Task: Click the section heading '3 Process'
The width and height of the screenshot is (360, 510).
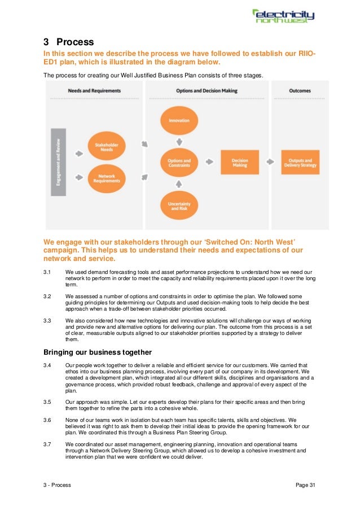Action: pyautogui.click(x=68, y=42)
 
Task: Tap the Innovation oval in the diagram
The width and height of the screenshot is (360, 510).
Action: pyautogui.click(x=179, y=120)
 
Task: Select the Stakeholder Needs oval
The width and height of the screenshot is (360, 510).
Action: pyautogui.click(x=102, y=147)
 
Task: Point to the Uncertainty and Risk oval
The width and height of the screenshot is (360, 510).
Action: pyautogui.click(x=179, y=205)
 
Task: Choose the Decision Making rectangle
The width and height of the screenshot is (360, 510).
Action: pyautogui.click(x=239, y=162)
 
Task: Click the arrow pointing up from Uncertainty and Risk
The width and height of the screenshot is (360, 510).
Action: pyautogui.click(x=179, y=183)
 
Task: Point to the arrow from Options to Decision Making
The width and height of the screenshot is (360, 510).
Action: pyautogui.click(x=209, y=162)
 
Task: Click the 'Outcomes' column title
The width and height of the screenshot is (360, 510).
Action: pyautogui.click(x=299, y=91)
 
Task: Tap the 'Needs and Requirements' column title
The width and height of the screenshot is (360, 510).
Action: pyautogui.click(x=94, y=91)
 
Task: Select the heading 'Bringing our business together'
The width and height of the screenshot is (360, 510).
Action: pyautogui.click(x=97, y=352)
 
